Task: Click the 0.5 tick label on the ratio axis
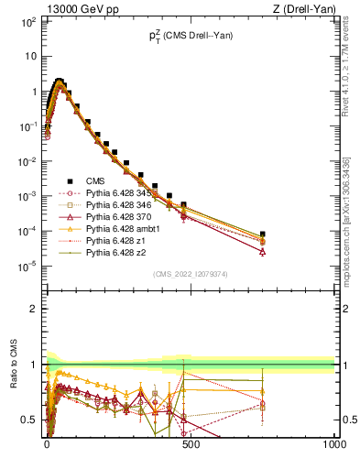point(28,420)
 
